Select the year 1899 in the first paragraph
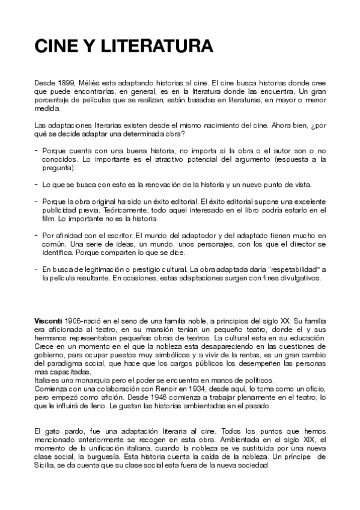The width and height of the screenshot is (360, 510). pyautogui.click(x=63, y=81)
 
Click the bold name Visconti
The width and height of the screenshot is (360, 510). pyautogui.click(x=48, y=322)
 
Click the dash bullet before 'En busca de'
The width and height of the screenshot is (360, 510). pyautogui.click(x=37, y=270)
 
